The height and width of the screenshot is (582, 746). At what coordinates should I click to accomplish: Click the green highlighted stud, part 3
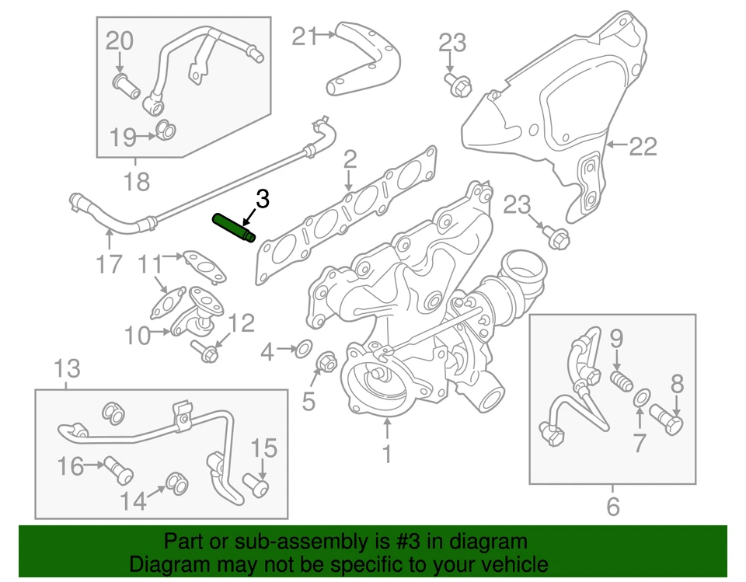234,230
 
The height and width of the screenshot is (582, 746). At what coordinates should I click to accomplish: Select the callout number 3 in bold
263,200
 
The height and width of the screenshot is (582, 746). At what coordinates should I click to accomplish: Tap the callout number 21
305,36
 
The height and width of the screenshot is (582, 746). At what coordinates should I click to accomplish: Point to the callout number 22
643,146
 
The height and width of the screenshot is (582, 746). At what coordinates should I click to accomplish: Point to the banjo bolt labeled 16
120,465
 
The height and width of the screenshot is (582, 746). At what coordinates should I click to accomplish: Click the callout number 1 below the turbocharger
387,453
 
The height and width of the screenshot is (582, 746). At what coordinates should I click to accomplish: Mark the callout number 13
68,367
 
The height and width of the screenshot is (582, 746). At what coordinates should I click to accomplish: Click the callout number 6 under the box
613,507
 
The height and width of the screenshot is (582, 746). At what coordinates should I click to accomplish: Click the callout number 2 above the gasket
350,161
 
